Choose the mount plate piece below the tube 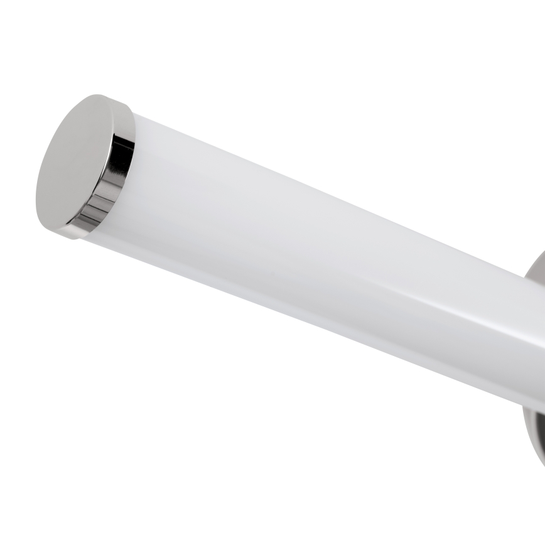[531, 433]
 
